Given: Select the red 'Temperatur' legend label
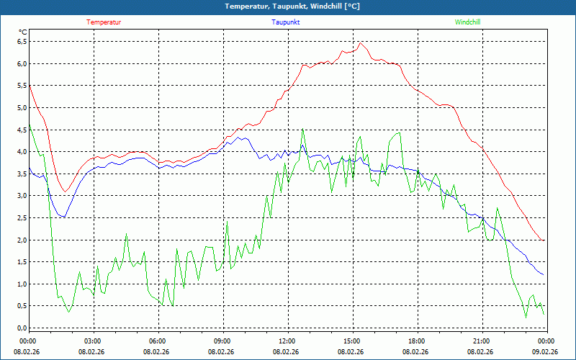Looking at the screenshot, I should click(x=104, y=22).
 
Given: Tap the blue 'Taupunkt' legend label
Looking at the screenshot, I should click(x=286, y=22).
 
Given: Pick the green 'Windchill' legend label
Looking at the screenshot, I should click(x=467, y=22).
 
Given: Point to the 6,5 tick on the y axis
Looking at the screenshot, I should click(x=22, y=42).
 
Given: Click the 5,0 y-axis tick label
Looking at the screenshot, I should click(x=22, y=108).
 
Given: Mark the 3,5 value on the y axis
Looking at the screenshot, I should click(x=22, y=174).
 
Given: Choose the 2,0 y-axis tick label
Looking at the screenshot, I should click(x=22, y=240).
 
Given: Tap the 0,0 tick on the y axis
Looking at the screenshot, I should click(x=22, y=328).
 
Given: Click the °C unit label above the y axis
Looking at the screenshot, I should click(x=23, y=32).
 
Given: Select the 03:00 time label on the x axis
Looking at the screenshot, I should click(x=93, y=341).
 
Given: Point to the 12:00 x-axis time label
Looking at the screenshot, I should click(x=287, y=341).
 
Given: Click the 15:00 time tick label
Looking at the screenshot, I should click(x=351, y=341).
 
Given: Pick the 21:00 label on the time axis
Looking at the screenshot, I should click(x=481, y=341).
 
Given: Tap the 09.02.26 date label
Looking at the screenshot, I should click(x=545, y=352).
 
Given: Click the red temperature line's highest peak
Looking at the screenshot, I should click(x=360, y=42).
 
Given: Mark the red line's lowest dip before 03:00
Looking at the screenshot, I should click(x=65, y=192).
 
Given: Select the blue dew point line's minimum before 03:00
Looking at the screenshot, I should click(x=63, y=217).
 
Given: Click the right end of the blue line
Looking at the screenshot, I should click(x=543, y=275).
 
